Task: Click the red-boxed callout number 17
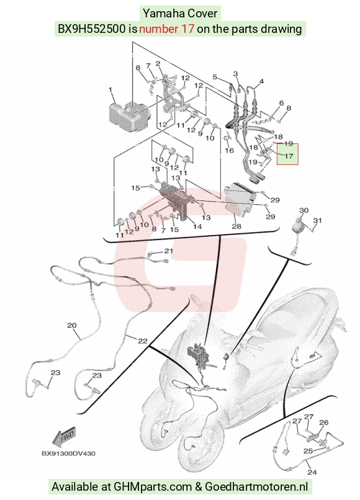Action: pyautogui.click(x=288, y=156)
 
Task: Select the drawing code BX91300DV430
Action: pyautogui.click(x=68, y=453)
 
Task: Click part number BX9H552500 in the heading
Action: pyautogui.click(x=91, y=29)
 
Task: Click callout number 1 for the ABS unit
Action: pyautogui.click(x=110, y=90)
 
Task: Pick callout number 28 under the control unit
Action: pyautogui.click(x=236, y=226)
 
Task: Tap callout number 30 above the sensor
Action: pyautogui.click(x=304, y=210)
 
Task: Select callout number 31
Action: pyautogui.click(x=317, y=220)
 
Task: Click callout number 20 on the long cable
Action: pyautogui.click(x=72, y=326)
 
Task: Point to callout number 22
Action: pyautogui.click(x=143, y=341)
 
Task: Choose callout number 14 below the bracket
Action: pyautogui.click(x=197, y=226)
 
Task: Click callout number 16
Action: pyautogui.click(x=230, y=150)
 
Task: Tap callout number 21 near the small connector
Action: pyautogui.click(x=168, y=251)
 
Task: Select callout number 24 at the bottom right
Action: pyautogui.click(x=312, y=472)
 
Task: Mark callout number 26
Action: pyautogui.click(x=323, y=422)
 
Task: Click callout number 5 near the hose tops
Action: pyautogui.click(x=215, y=77)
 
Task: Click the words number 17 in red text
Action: pyautogui.click(x=166, y=29)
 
